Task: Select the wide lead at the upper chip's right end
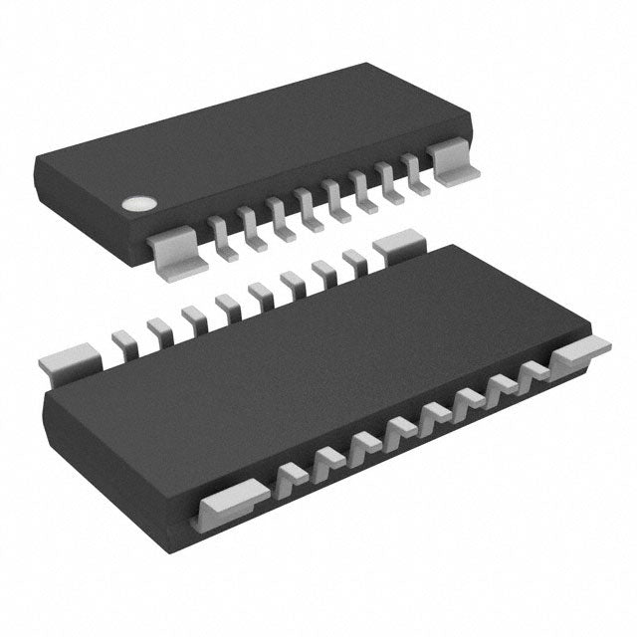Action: pos(453,162)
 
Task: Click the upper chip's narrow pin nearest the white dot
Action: pos(219,235)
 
